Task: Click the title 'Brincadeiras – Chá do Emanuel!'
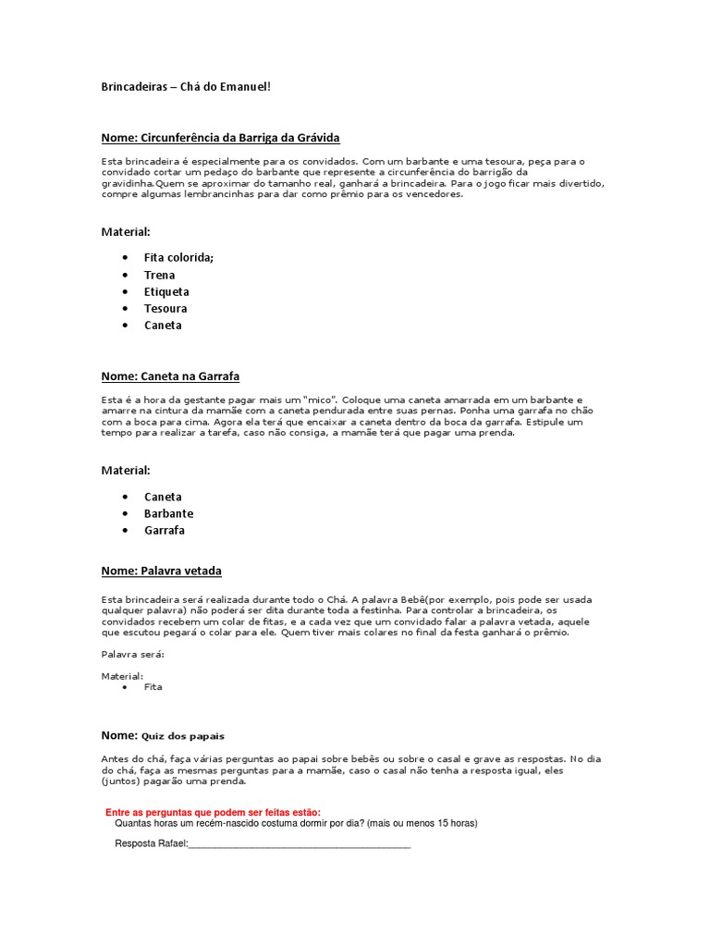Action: (186, 87)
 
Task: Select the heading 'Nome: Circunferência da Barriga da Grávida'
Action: (221, 138)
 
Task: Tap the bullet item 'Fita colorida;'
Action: (178, 258)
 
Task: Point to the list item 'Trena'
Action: (159, 275)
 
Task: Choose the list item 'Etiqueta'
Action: (166, 291)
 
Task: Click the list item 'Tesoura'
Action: (165, 308)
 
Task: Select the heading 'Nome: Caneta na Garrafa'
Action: (170, 376)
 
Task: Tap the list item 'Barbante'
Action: (168, 513)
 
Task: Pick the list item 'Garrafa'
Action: (165, 530)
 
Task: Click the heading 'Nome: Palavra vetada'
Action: (161, 571)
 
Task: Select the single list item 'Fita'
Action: (153, 687)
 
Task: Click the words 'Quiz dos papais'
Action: (182, 736)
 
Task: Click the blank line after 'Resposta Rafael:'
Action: (299, 844)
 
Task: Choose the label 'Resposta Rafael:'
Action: (151, 843)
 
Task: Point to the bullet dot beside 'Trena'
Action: (124, 275)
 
